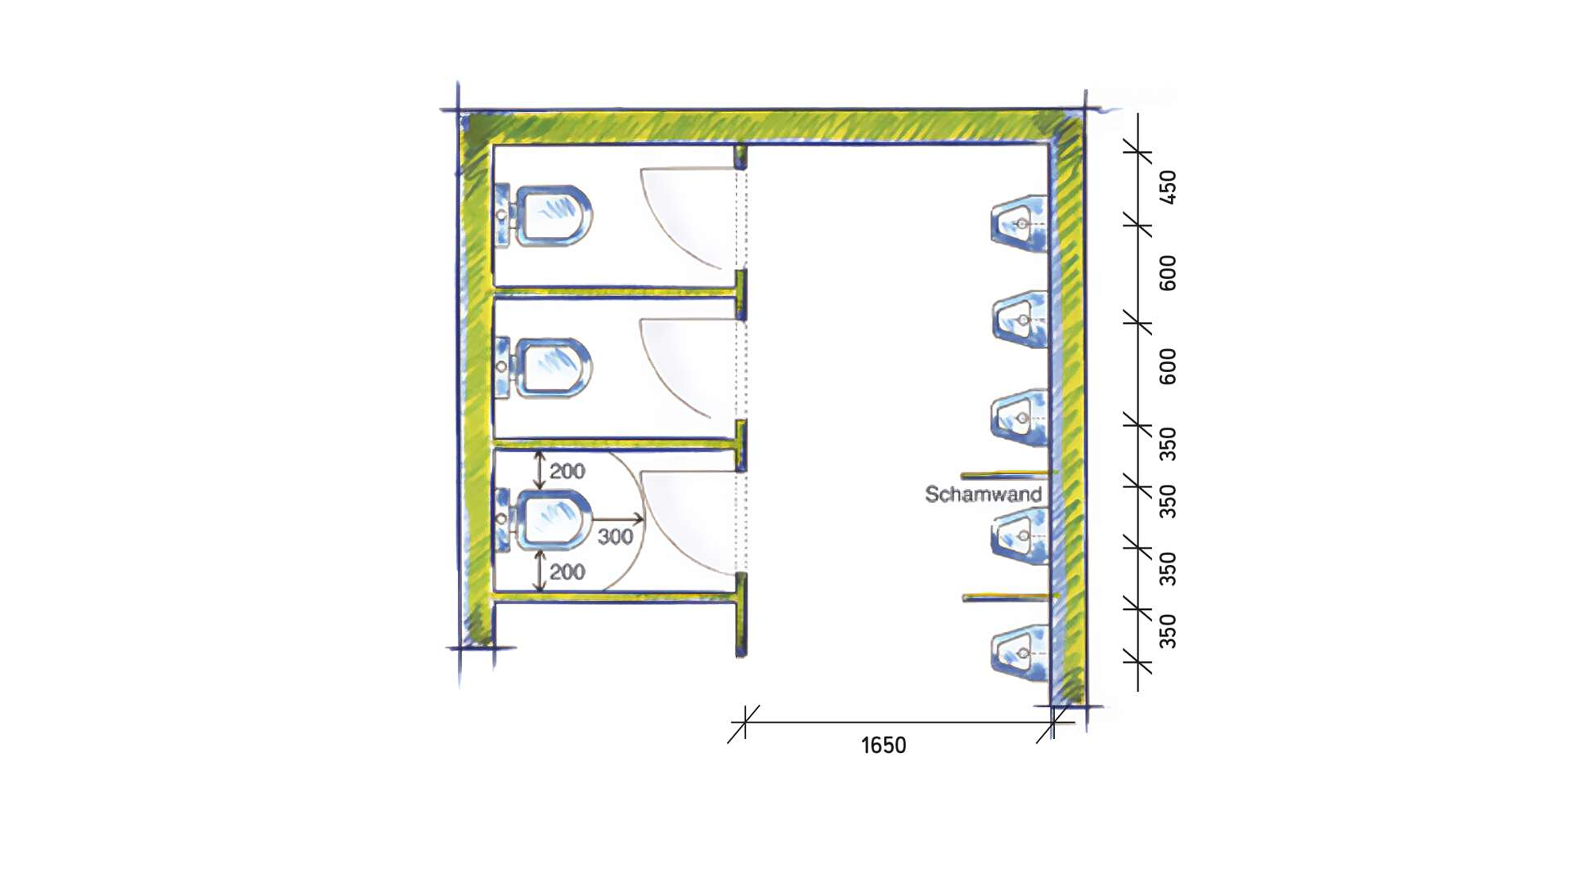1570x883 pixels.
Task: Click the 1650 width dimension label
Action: [x=883, y=746]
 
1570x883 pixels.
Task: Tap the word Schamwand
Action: [x=983, y=494]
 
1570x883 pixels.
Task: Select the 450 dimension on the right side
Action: [x=1168, y=187]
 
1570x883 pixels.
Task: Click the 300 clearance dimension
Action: [x=615, y=536]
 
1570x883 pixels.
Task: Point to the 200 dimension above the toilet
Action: [x=567, y=471]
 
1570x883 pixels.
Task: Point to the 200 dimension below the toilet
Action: [x=567, y=571]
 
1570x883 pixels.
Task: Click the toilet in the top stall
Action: [x=543, y=216]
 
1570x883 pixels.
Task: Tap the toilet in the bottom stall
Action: [x=543, y=519]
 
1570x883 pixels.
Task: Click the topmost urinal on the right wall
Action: [x=1020, y=223]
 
